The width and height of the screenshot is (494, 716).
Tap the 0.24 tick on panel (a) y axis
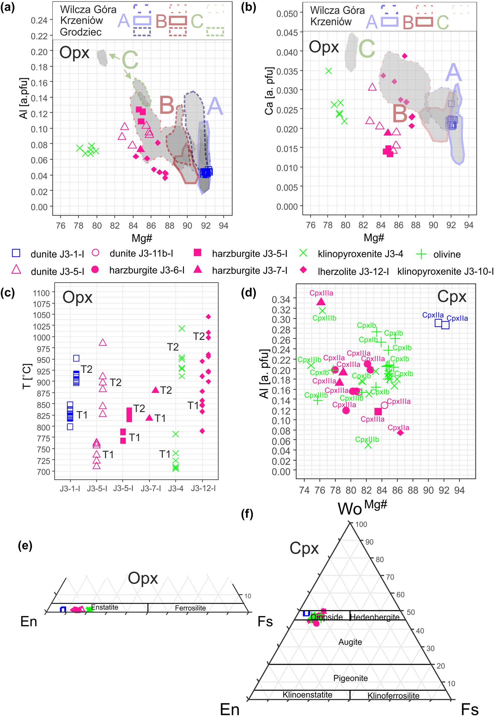tap(39, 20)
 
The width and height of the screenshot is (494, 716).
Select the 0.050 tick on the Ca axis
tap(287, 14)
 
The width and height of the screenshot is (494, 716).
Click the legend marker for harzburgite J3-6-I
tap(95, 270)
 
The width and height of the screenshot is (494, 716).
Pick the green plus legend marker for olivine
tap(421, 254)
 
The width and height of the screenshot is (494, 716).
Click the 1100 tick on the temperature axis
tap(42, 293)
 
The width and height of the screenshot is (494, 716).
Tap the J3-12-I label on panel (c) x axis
tap(203, 488)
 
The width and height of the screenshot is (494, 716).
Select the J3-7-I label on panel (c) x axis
tap(151, 488)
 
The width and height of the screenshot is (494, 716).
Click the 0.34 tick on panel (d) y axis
tap(281, 299)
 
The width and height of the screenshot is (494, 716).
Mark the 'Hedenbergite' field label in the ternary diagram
tap(375, 617)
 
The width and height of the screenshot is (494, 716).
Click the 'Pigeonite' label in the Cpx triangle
tap(351, 678)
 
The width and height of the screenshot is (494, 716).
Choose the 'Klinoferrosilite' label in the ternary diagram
tap(393, 696)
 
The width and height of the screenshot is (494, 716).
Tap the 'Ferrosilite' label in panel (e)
tap(190, 608)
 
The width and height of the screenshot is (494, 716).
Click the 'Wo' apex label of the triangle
tap(349, 509)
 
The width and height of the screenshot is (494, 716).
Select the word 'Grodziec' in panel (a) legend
tap(81, 32)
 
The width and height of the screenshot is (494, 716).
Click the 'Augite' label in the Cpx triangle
tap(350, 642)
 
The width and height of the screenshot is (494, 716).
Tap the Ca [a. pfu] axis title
tap(269, 90)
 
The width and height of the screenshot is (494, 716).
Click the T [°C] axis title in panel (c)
tap(27, 376)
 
